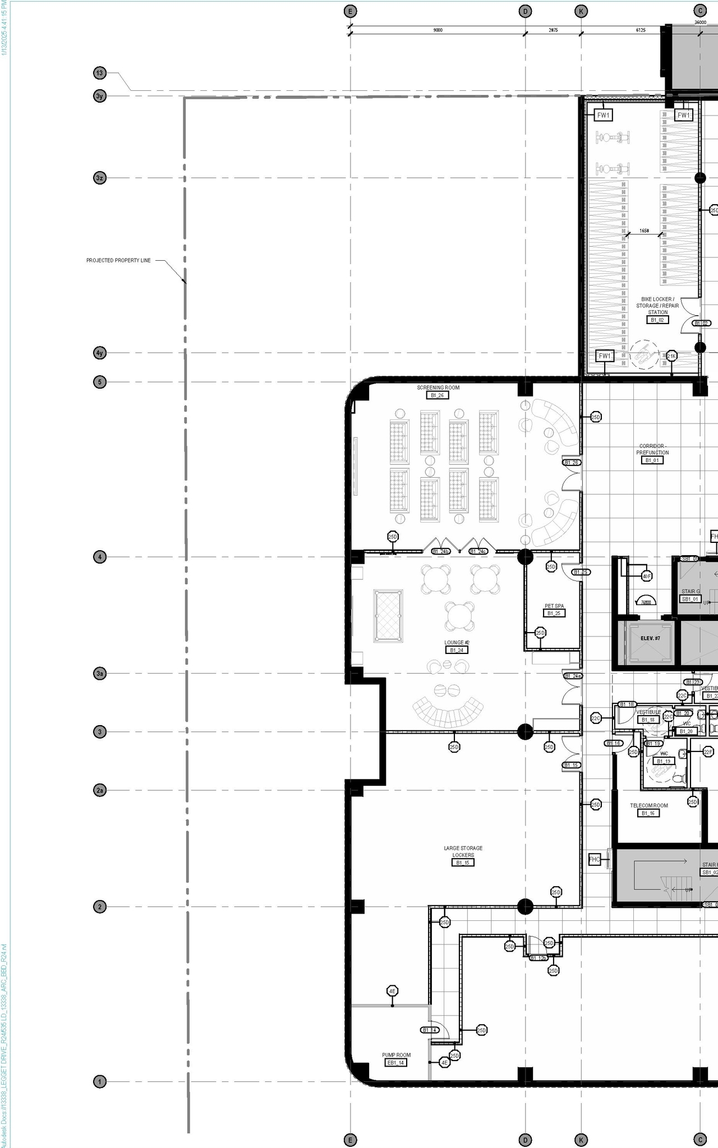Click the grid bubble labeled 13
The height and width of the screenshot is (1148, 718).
tap(99, 73)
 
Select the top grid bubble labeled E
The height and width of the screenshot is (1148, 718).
tap(350, 11)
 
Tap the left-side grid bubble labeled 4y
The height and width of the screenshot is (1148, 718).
tap(99, 353)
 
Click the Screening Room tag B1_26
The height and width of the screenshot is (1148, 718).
tap(438, 395)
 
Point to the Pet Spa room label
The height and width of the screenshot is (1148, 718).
tap(554, 606)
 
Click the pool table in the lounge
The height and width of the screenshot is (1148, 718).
tap(388, 615)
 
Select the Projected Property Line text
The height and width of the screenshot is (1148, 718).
tap(118, 260)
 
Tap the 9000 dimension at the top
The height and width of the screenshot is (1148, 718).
tap(438, 30)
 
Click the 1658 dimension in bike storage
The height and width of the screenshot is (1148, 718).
tap(644, 230)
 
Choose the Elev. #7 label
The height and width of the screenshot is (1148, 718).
tap(650, 638)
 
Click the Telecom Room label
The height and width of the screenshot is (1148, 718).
tap(649, 805)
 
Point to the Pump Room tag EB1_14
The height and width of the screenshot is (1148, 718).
tap(395, 1062)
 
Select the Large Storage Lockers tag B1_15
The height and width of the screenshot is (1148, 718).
tap(463, 862)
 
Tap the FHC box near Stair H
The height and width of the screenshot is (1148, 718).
tap(595, 859)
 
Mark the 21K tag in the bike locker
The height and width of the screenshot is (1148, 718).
tap(671, 356)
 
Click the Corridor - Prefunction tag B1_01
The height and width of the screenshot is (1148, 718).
tap(652, 460)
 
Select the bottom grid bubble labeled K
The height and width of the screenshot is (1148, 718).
tap(581, 1139)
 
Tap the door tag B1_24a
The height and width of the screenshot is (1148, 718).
tap(573, 676)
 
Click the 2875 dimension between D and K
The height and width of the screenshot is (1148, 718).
tap(553, 30)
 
